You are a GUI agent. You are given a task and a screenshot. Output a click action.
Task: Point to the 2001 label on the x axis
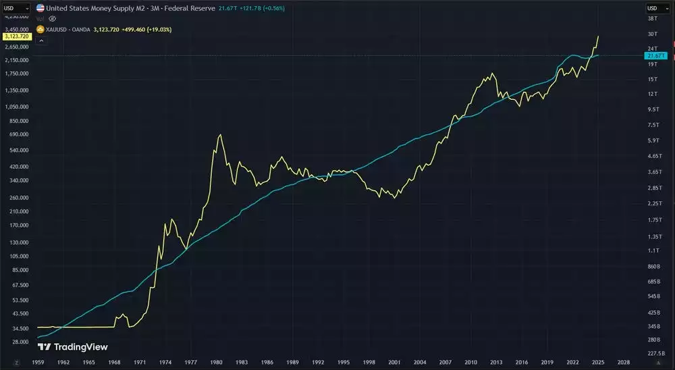[x=394, y=363]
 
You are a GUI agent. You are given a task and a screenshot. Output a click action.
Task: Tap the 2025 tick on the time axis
[x=598, y=363]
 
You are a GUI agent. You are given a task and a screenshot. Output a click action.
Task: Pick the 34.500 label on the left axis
[x=18, y=328]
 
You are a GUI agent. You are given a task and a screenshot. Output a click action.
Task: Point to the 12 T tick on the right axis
[x=653, y=94]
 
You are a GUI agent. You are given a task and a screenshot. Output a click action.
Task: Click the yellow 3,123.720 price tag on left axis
[x=14, y=36]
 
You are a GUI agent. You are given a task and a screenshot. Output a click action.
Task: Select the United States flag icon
[x=40, y=8]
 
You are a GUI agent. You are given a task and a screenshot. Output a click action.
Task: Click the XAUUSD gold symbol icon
[x=40, y=29]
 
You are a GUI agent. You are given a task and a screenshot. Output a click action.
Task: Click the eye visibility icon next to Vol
[x=53, y=19]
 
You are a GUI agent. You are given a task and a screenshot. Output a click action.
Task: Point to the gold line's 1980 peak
[x=221, y=135]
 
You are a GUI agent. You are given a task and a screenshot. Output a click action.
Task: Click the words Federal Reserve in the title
[x=192, y=8]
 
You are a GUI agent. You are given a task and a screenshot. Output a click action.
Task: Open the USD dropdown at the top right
[x=657, y=8]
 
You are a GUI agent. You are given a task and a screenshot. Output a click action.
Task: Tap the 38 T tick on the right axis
[x=653, y=20]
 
